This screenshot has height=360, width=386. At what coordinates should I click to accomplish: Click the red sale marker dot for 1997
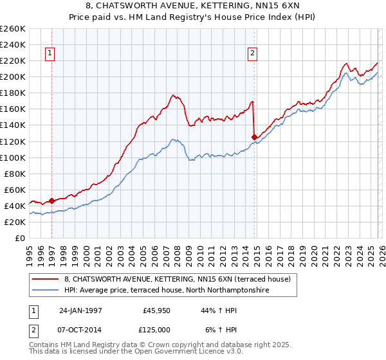tap(52, 201)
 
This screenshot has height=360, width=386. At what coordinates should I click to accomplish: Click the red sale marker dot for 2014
tap(254, 137)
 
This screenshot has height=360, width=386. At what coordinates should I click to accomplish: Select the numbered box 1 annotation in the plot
tap(50, 54)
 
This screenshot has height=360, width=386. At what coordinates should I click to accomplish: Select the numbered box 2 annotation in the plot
tap(252, 54)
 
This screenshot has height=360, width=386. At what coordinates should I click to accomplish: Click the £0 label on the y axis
tap(19, 238)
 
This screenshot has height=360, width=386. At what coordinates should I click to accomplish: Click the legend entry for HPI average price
tap(166, 291)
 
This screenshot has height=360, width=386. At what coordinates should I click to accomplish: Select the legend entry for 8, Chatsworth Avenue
tap(177, 279)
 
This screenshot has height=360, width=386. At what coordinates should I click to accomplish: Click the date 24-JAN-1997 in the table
tap(82, 310)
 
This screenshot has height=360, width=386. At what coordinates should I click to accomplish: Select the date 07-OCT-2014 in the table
tap(82, 330)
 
